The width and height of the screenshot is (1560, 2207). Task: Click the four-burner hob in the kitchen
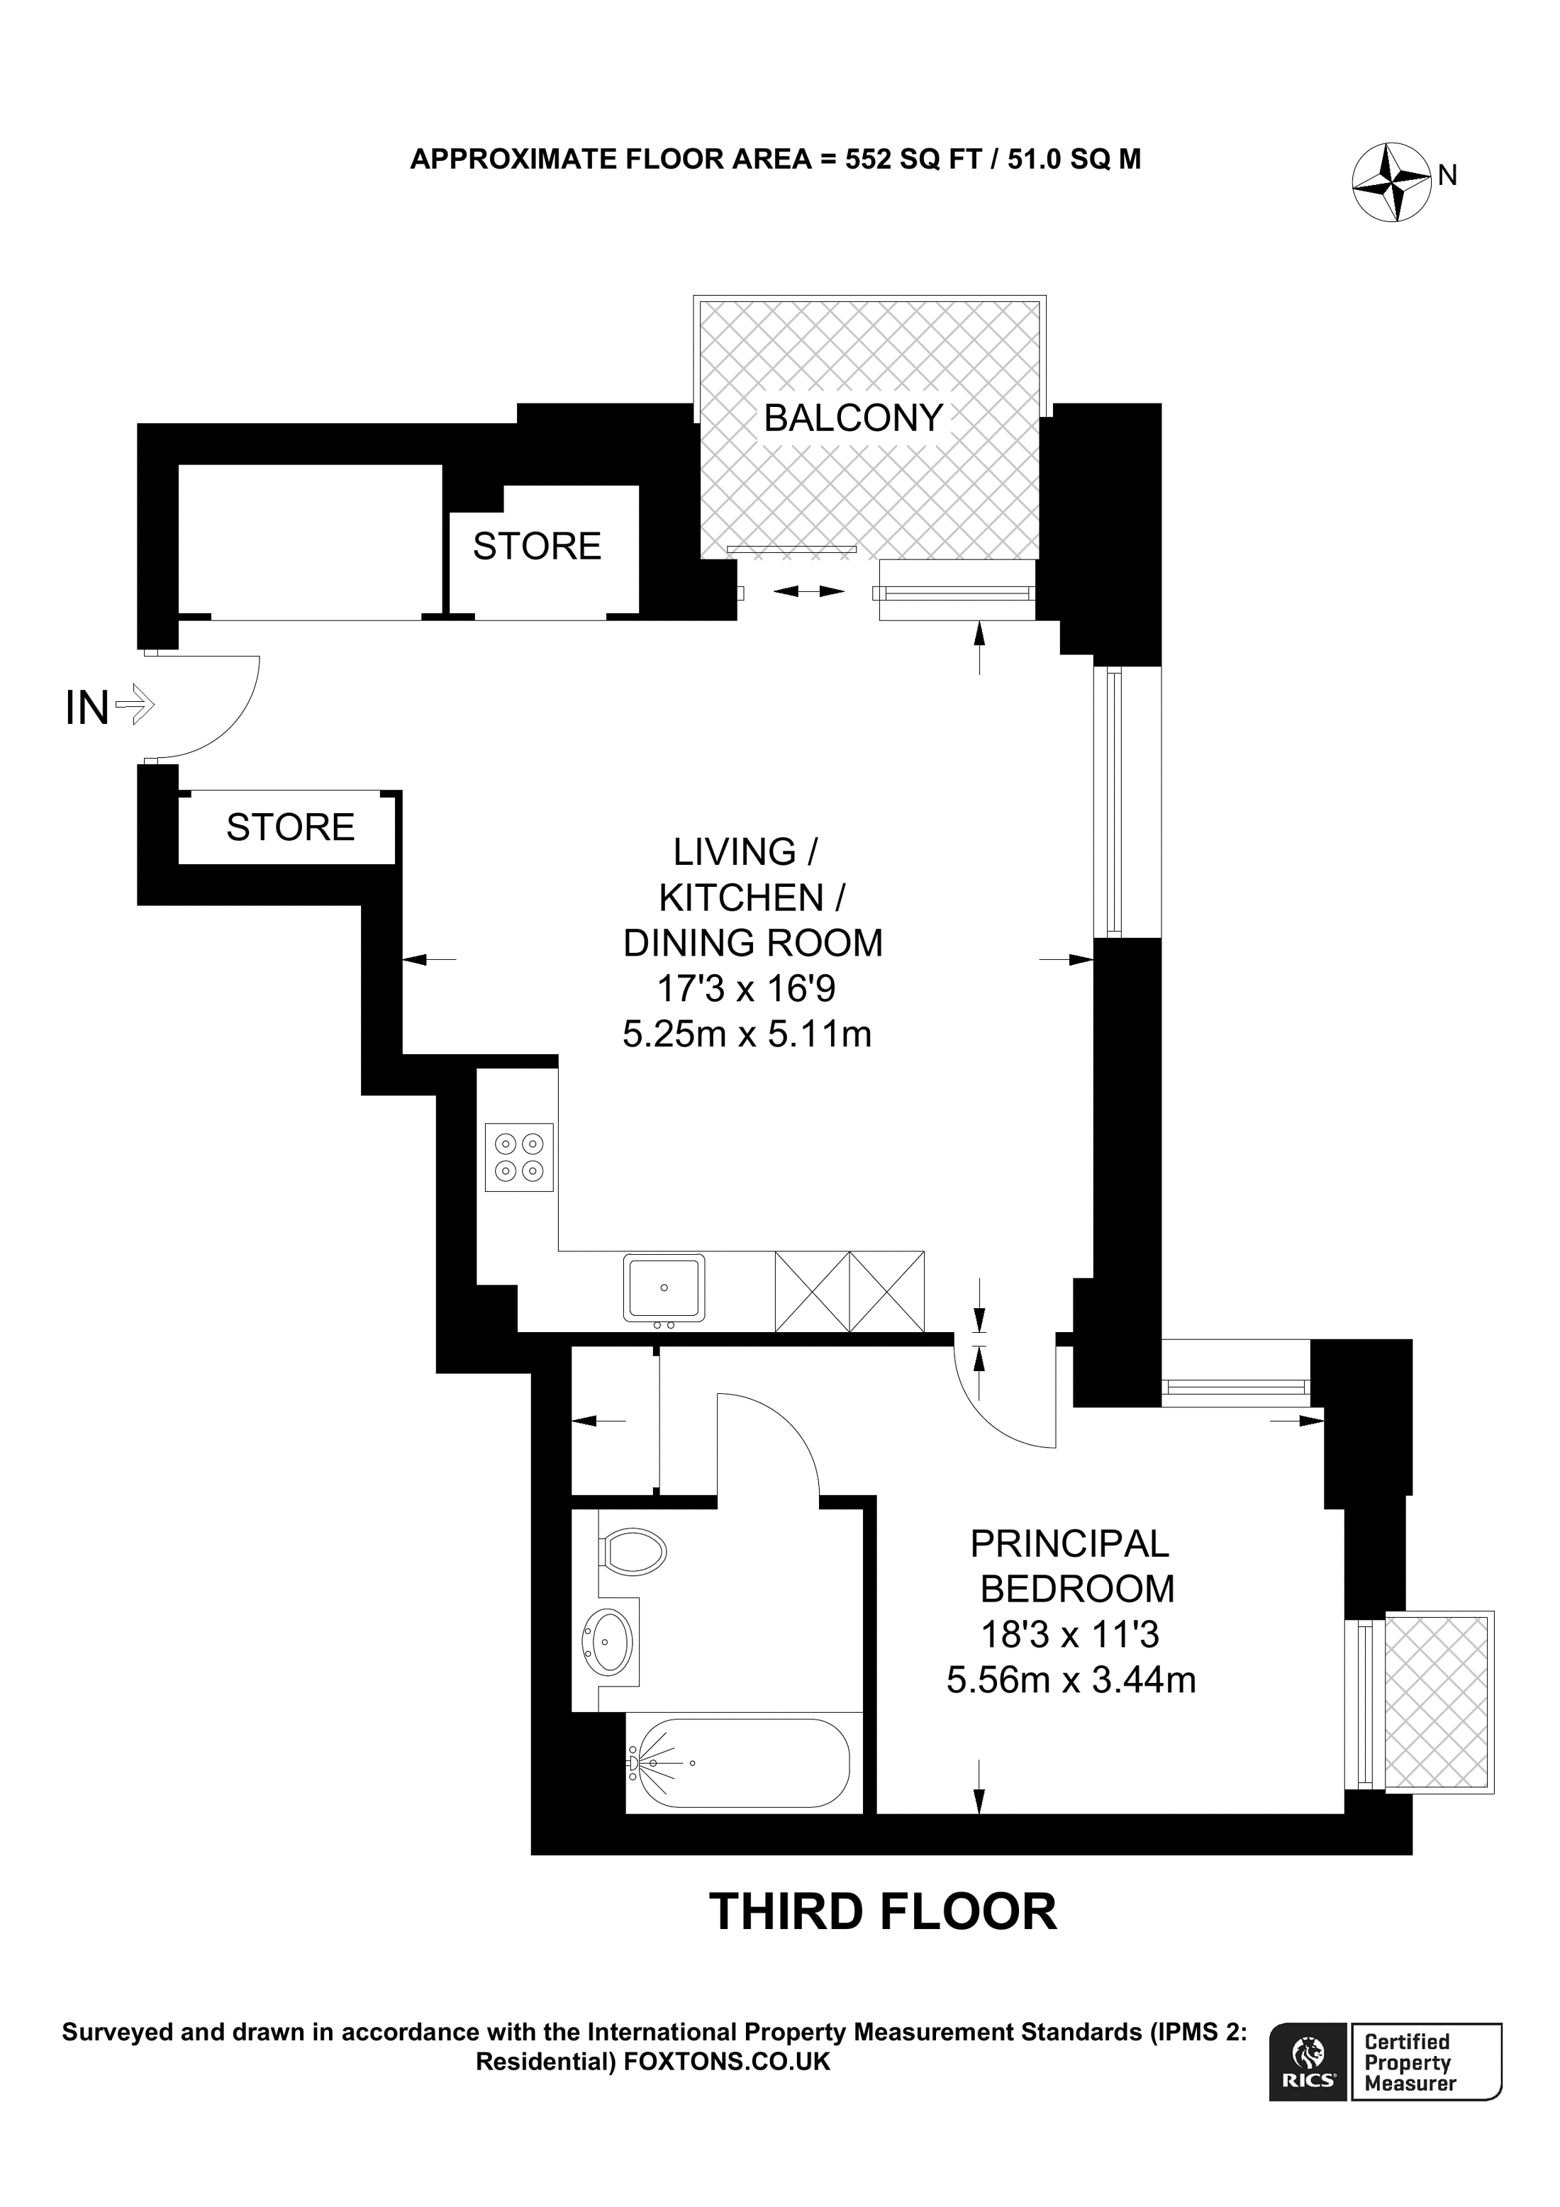(x=519, y=1157)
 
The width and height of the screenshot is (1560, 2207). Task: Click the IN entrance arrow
(x=133, y=708)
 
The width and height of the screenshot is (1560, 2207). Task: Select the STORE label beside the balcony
(x=536, y=546)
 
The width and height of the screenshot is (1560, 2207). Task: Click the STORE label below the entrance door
(x=290, y=827)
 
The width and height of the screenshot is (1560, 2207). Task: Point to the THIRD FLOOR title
(x=882, y=1912)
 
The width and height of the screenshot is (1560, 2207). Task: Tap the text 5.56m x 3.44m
(x=1071, y=1680)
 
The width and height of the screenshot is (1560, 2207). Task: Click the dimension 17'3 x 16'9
(x=746, y=988)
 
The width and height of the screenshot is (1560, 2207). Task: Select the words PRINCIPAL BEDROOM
(x=1073, y=1566)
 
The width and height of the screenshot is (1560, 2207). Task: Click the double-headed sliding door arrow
(x=808, y=592)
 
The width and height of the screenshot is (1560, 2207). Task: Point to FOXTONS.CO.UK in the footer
(x=727, y=2061)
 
